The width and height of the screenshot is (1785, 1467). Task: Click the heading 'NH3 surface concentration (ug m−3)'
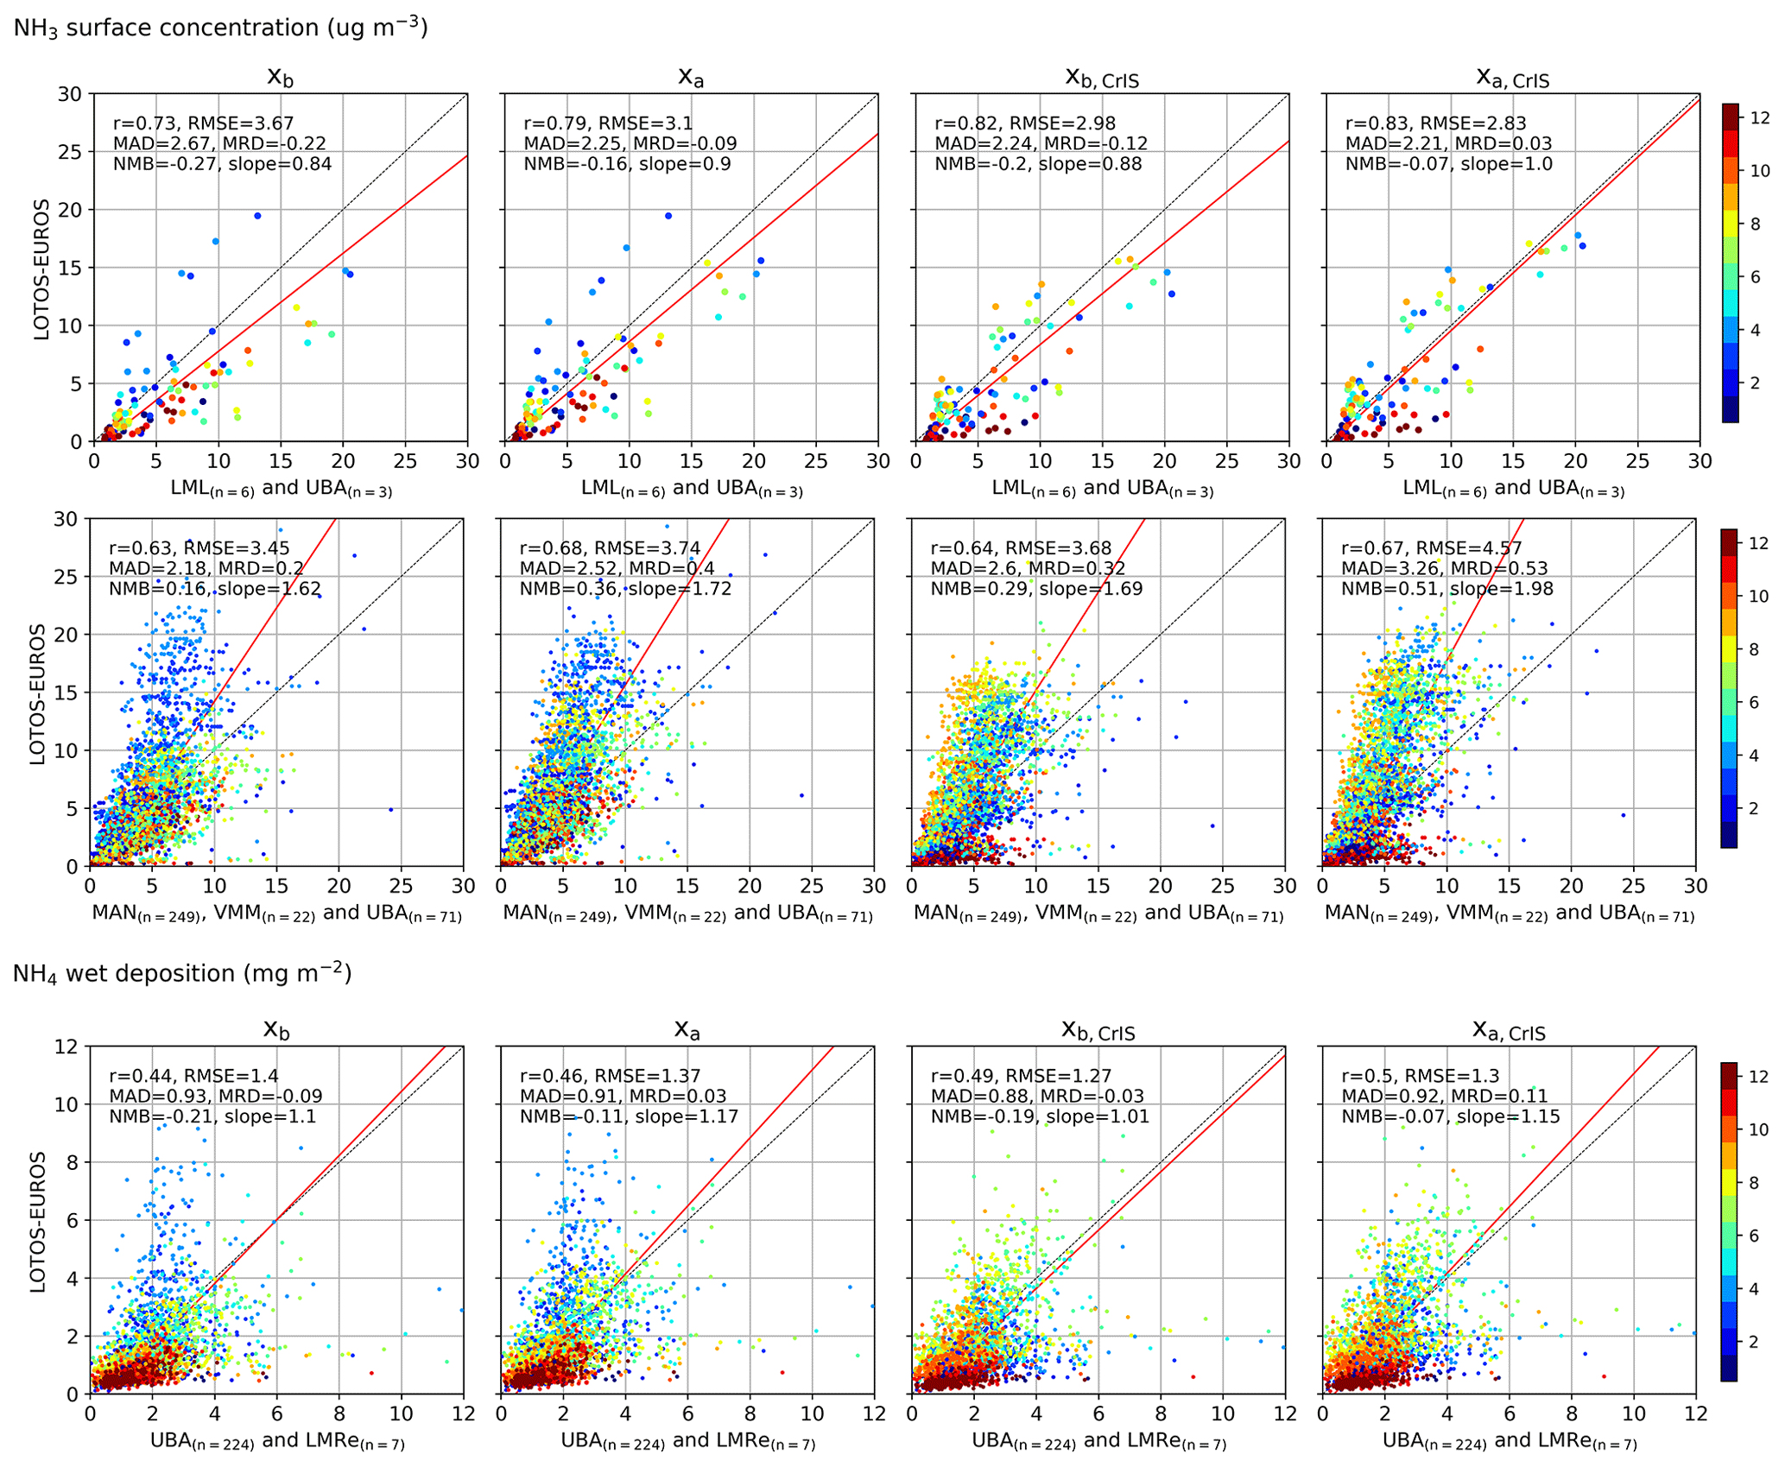(220, 28)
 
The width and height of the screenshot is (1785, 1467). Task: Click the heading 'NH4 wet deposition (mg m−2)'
(182, 973)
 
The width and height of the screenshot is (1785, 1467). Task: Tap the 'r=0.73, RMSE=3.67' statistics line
(204, 123)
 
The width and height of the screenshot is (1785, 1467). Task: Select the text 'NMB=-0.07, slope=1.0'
(1448, 164)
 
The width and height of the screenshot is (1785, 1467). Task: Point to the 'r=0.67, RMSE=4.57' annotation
(1431, 548)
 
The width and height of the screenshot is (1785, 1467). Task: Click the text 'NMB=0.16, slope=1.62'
(215, 589)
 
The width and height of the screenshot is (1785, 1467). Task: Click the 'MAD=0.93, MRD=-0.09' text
(216, 1096)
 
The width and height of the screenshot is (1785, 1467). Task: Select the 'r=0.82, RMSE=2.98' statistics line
(1025, 123)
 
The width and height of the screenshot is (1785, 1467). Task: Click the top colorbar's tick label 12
(1760, 118)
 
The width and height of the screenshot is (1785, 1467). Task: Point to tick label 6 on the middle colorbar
(1754, 703)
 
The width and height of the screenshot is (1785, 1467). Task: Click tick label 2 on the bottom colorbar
(1754, 1341)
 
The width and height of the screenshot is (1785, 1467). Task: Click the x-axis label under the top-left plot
(281, 489)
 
